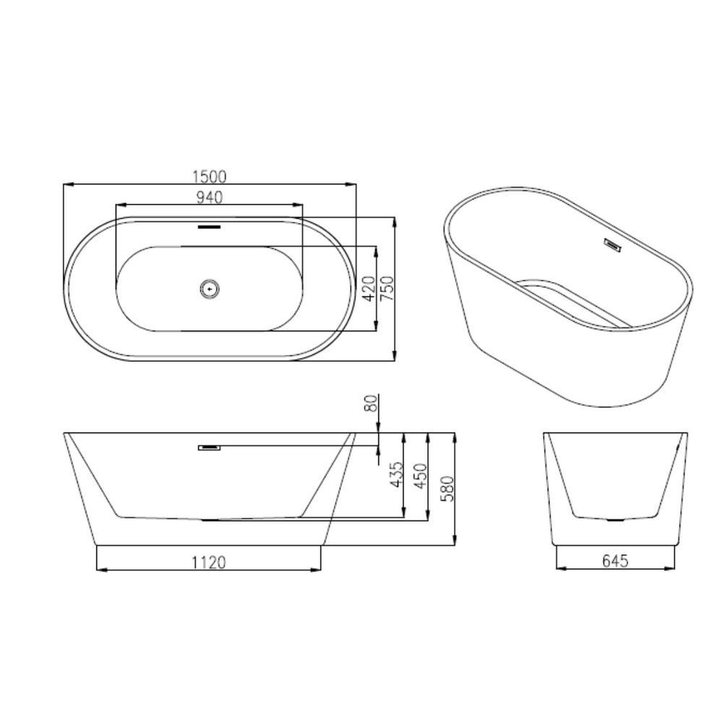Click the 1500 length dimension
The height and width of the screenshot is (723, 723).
[x=210, y=176]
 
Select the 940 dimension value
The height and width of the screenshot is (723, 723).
[x=210, y=197]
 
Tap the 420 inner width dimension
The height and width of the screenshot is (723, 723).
[x=369, y=288]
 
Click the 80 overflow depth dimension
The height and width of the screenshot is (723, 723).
[x=371, y=403]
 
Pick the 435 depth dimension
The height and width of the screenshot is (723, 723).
[x=396, y=474]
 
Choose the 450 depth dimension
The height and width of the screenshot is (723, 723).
[x=421, y=476]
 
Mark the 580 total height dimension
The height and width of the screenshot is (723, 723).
[x=447, y=489]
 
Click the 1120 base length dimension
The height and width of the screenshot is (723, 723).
[x=209, y=562]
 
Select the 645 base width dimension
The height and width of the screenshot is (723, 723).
[x=615, y=561]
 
